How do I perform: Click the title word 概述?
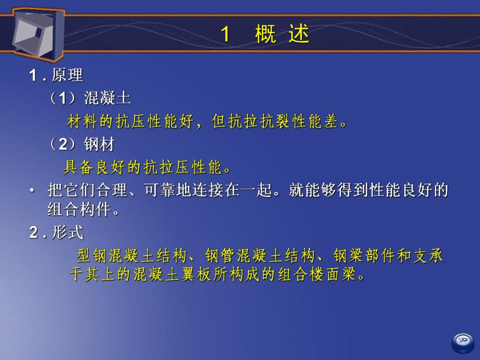coord(282,34)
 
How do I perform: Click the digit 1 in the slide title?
coord(225,34)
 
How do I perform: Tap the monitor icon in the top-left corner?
coord(33,31)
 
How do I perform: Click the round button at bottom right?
coord(463,341)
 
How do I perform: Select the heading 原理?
coord(67,75)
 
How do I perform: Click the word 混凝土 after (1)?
coord(108,98)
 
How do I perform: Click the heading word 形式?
coord(67,233)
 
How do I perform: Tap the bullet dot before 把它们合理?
coord(32,191)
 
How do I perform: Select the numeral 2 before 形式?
coord(33,233)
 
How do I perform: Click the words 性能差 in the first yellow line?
coord(320,122)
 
